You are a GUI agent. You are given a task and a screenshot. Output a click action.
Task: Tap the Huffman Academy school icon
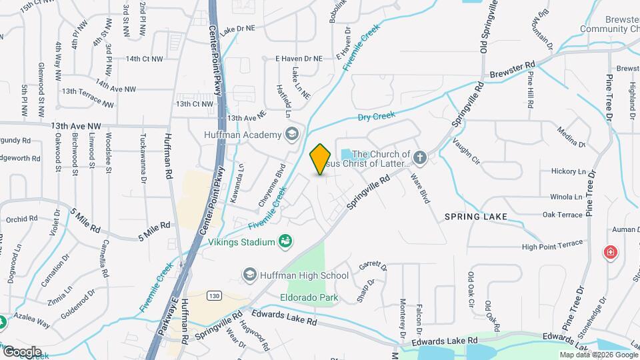291,135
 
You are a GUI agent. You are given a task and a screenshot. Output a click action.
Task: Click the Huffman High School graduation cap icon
250,275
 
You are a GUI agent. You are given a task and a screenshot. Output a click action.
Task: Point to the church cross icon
419,158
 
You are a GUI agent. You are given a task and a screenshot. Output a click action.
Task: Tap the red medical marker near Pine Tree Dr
609,253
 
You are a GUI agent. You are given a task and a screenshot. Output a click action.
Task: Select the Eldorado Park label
309,297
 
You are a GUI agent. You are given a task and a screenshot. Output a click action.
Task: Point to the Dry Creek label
377,116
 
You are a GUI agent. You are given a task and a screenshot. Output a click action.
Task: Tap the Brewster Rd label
513,70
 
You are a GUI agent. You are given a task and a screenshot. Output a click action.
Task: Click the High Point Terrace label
552,246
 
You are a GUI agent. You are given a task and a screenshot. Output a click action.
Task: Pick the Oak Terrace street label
563,215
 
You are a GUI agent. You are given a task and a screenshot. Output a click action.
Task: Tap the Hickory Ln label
567,171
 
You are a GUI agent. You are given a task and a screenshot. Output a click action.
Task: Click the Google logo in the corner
22,351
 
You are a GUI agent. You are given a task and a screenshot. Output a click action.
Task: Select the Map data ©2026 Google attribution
597,355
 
